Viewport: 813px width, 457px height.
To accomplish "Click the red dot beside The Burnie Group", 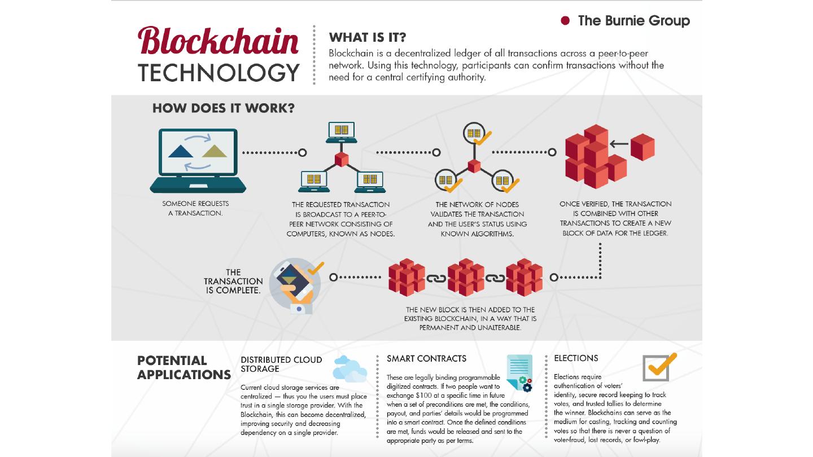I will pyautogui.click(x=565, y=21).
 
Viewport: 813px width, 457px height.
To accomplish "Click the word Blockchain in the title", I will pyautogui.click(x=218, y=42).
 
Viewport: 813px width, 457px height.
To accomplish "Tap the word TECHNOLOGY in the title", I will pyautogui.click(x=218, y=72).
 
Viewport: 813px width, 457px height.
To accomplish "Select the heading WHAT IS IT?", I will pyautogui.click(x=368, y=38).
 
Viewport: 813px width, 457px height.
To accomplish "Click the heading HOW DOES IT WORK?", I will pyautogui.click(x=224, y=108).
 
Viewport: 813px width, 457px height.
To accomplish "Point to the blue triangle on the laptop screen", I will pyautogui.click(x=181, y=151).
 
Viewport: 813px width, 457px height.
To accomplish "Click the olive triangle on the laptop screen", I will pyautogui.click(x=215, y=151).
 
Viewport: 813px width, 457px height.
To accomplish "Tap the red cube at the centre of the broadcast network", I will pyautogui.click(x=341, y=159).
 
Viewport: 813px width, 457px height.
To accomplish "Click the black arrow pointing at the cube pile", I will pyautogui.click(x=619, y=144).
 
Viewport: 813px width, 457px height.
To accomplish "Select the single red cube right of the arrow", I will pyautogui.click(x=642, y=147).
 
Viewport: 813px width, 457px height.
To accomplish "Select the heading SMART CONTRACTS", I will pyautogui.click(x=426, y=358).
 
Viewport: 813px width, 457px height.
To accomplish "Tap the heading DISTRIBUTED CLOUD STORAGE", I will pyautogui.click(x=281, y=364).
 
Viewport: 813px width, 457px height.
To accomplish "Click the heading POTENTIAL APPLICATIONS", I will pyautogui.click(x=183, y=367).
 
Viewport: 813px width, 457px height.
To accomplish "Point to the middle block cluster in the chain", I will pyautogui.click(x=466, y=278).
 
